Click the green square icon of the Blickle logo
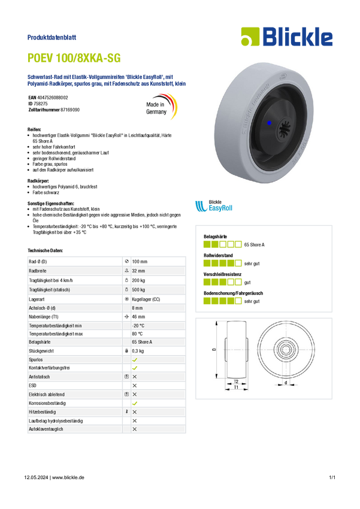pyautogui.click(x=249, y=37)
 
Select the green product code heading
pyautogui.click(x=75, y=58)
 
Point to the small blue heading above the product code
pyautogui.click(x=53, y=37)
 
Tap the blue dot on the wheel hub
pyautogui.click(x=269, y=122)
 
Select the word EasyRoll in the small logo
pyautogui.click(x=220, y=208)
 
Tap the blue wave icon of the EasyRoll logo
pyautogui.click(x=200, y=207)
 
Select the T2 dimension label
pyautogui.click(x=236, y=381)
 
